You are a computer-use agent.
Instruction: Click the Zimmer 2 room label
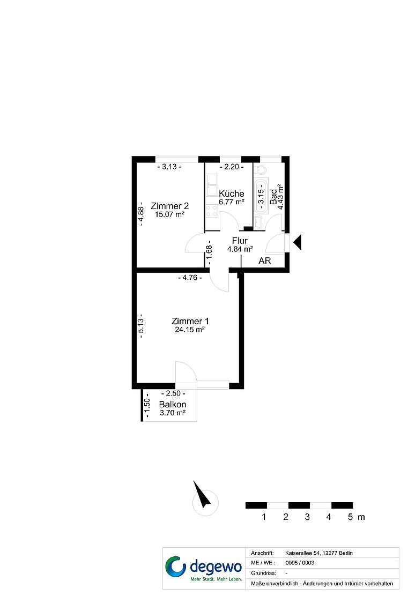coord(170,206)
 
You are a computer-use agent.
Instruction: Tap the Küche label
coord(232,193)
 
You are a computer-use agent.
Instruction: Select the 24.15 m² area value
coord(190,329)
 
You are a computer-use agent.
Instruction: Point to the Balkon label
coord(173,405)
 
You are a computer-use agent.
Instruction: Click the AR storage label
coord(265,260)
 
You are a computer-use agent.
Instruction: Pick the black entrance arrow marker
coord(298,242)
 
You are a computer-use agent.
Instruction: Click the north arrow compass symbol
coord(203,497)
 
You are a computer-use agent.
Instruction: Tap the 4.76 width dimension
coord(190,278)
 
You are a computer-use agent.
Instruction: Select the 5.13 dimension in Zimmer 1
coord(141,326)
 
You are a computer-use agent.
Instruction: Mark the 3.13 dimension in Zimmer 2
coord(169,167)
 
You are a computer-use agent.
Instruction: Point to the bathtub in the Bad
coord(261,196)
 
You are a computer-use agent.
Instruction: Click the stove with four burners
coord(212,211)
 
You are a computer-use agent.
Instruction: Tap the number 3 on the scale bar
coord(307,517)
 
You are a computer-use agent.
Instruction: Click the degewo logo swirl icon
coord(176,566)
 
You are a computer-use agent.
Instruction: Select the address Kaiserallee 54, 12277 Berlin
coord(319,553)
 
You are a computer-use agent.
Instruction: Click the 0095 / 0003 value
coord(300,563)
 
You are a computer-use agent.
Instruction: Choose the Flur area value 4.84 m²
coord(240,249)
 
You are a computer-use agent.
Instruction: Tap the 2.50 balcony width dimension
coord(173,393)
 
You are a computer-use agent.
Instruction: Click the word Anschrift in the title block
coord(262,553)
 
